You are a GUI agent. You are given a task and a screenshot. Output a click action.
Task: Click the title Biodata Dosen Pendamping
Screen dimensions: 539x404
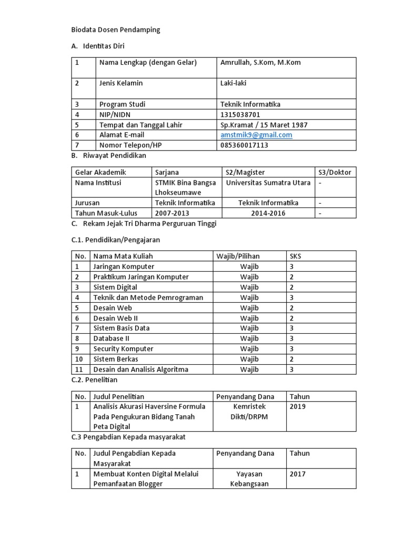click(115, 30)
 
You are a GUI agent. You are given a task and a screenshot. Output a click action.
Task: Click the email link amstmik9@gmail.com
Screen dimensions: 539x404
click(256, 135)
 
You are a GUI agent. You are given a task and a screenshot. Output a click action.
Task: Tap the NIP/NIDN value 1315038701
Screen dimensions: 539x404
click(240, 114)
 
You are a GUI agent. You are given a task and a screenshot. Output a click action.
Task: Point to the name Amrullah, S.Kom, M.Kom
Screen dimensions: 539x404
click(260, 63)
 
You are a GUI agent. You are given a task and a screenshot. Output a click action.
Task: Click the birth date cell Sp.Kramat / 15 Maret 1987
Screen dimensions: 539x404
click(264, 125)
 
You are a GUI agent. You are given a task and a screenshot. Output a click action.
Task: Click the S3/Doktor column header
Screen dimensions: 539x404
click(335, 172)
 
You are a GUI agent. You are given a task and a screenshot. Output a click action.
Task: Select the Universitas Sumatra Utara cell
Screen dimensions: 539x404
click(268, 183)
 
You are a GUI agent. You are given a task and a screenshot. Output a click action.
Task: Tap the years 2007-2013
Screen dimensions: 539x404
click(171, 213)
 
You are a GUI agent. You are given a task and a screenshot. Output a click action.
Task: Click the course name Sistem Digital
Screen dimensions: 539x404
click(115, 287)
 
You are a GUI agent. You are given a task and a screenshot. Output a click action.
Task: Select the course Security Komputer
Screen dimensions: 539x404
click(123, 349)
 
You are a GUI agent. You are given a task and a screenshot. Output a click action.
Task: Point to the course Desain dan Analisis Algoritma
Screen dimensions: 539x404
click(140, 370)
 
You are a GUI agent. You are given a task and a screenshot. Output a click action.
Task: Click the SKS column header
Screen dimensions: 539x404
click(296, 256)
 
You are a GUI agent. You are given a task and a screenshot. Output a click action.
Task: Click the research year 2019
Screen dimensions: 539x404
click(297, 406)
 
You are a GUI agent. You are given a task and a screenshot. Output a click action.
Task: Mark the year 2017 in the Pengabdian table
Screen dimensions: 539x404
click(297, 474)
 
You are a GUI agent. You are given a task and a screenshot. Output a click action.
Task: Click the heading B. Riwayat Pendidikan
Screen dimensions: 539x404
click(108, 156)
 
